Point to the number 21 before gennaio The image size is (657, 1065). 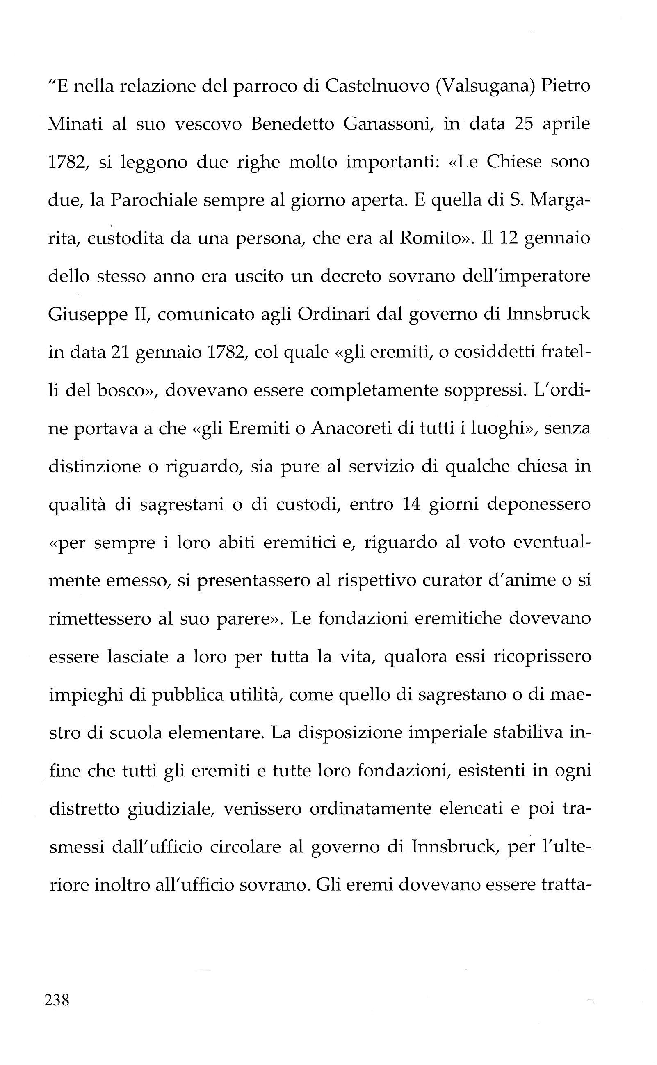point(120,352)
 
